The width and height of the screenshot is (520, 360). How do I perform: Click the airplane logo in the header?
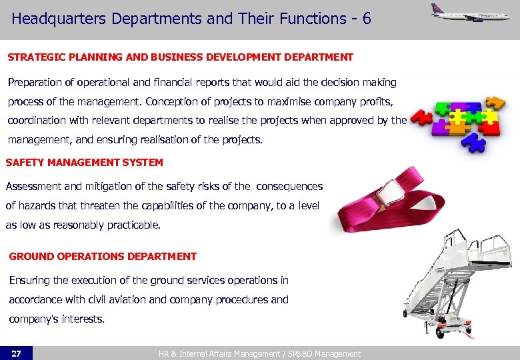coord(469,14)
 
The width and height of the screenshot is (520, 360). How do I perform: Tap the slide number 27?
coord(16,353)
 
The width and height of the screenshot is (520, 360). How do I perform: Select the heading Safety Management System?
coord(84,162)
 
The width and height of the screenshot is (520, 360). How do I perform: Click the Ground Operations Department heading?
coord(103,256)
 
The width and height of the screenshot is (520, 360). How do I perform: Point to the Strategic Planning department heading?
coord(180,57)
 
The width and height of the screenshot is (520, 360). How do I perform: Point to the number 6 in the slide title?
coord(367,19)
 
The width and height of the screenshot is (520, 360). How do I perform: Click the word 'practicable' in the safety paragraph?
coord(132,225)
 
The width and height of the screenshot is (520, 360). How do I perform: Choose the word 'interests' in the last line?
coord(83,319)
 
